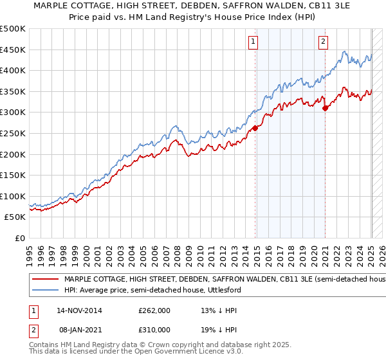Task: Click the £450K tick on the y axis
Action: click(14, 50)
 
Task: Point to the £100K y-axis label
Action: click(14, 196)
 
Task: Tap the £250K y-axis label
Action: click(14, 133)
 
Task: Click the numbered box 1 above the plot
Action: click(253, 42)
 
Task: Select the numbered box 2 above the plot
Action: click(322, 42)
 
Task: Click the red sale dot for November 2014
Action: click(255, 128)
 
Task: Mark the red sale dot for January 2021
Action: click(326, 108)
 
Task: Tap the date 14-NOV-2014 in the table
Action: click(80, 310)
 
